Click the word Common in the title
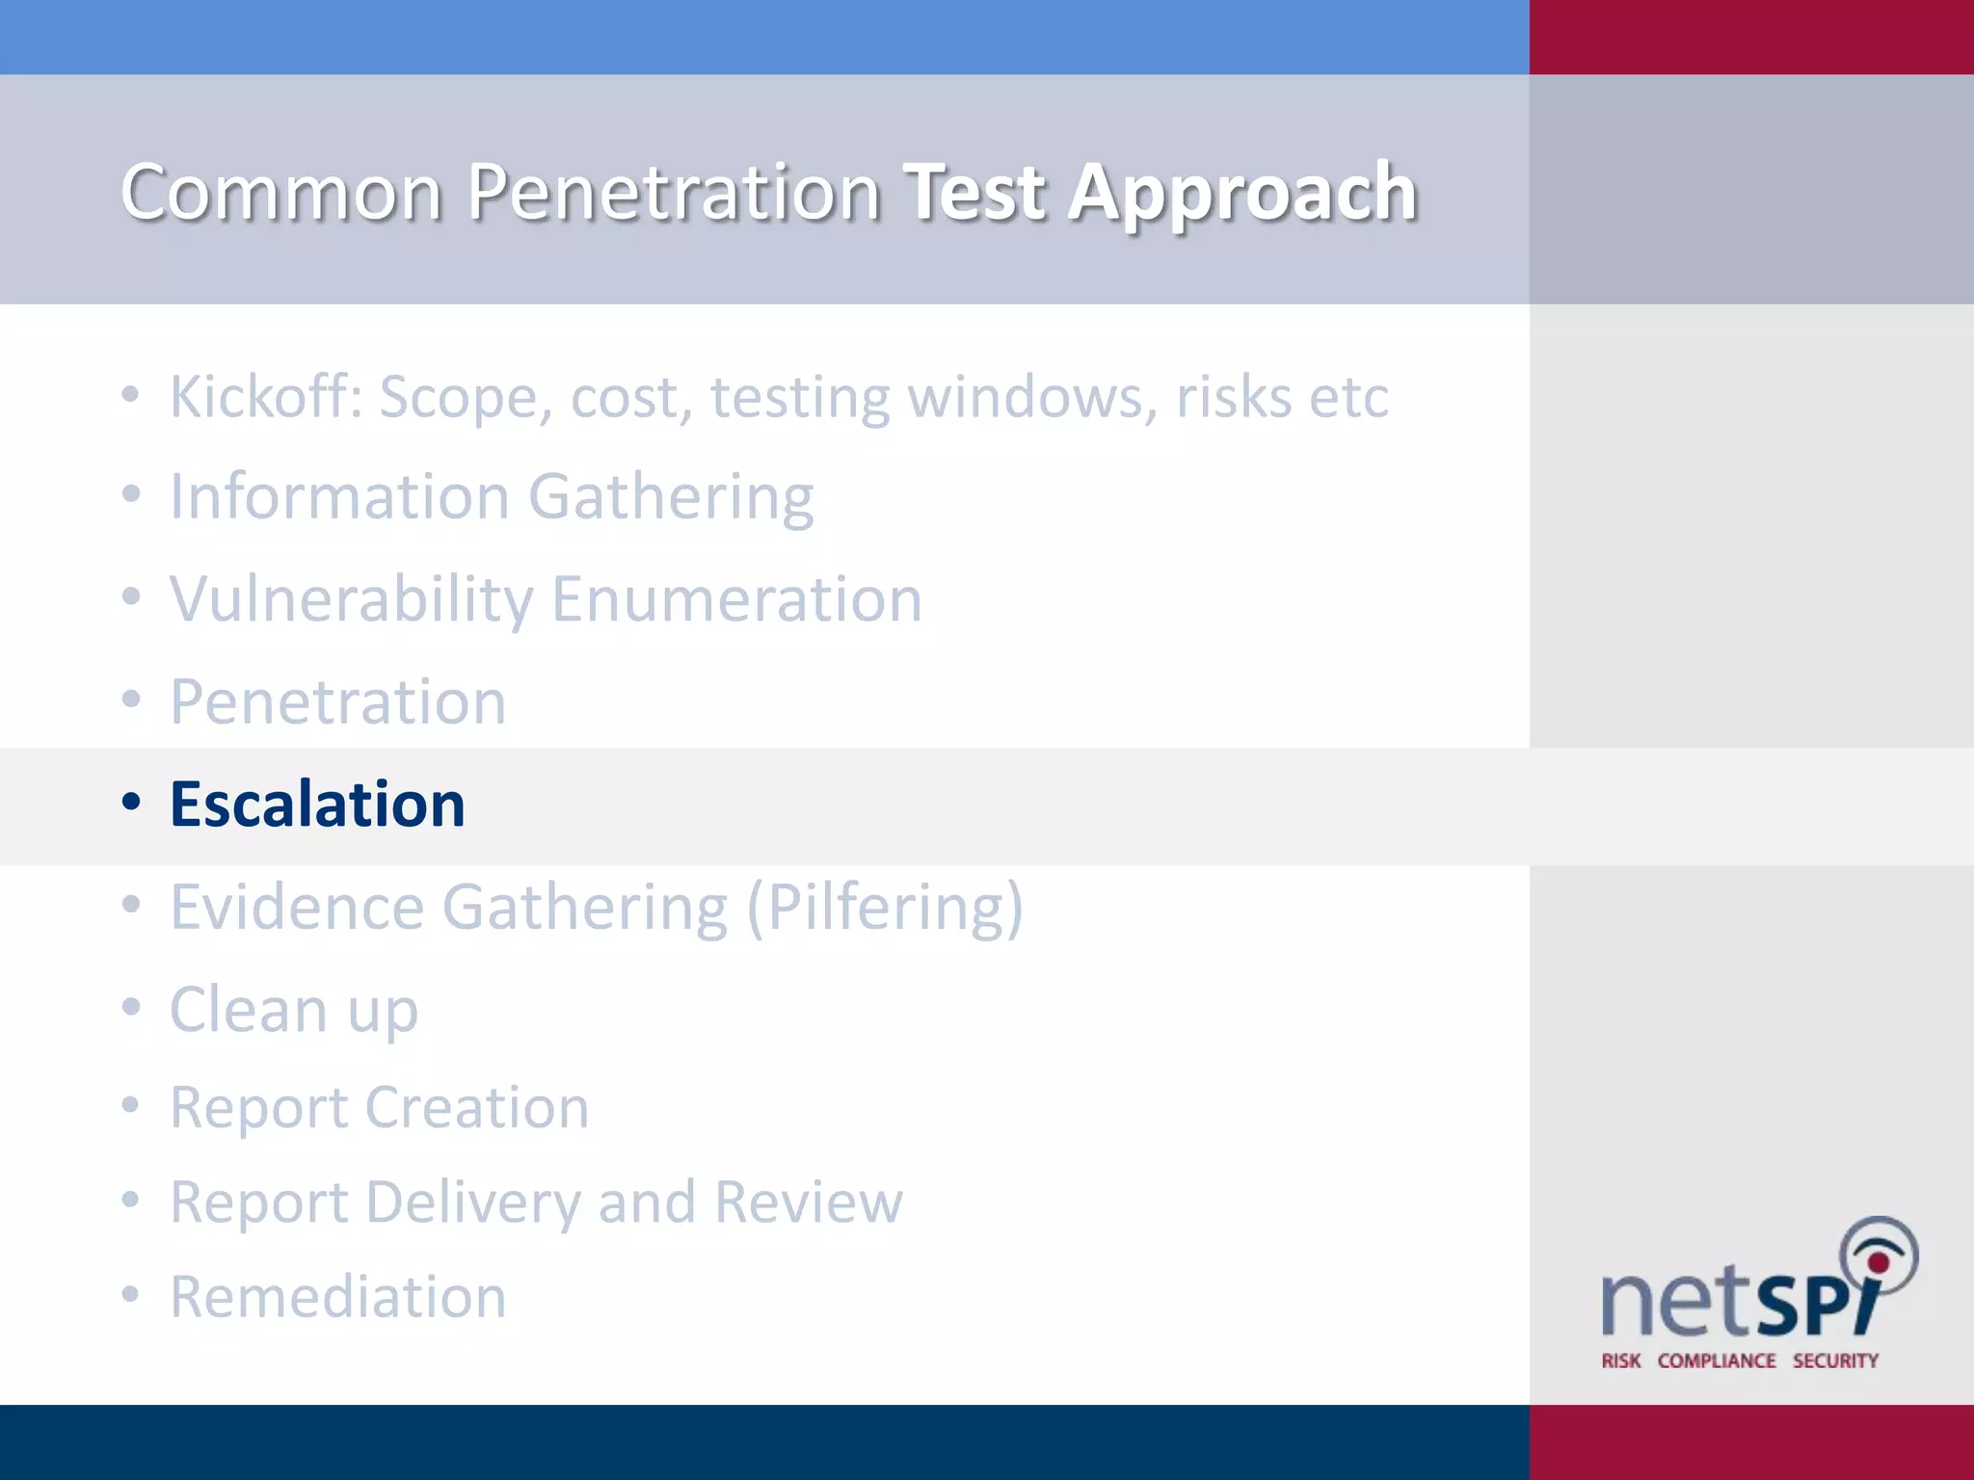281,193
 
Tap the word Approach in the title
1242,193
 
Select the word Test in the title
974,193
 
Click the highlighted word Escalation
317,805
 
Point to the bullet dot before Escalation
131,802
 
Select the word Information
339,497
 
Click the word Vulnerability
351,600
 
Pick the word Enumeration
736,600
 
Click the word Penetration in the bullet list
337,702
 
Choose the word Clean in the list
249,1010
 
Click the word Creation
477,1108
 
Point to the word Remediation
337,1297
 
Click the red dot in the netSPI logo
1878,1263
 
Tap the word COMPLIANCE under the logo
1716,1361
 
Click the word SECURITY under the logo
1835,1361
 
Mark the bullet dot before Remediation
131,1294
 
